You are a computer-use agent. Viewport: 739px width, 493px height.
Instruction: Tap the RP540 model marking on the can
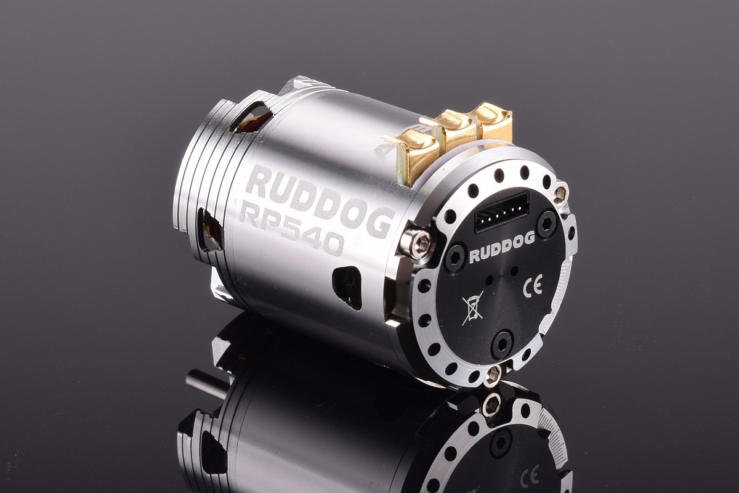point(292,229)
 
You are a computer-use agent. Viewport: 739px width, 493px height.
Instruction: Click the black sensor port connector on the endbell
point(501,213)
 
